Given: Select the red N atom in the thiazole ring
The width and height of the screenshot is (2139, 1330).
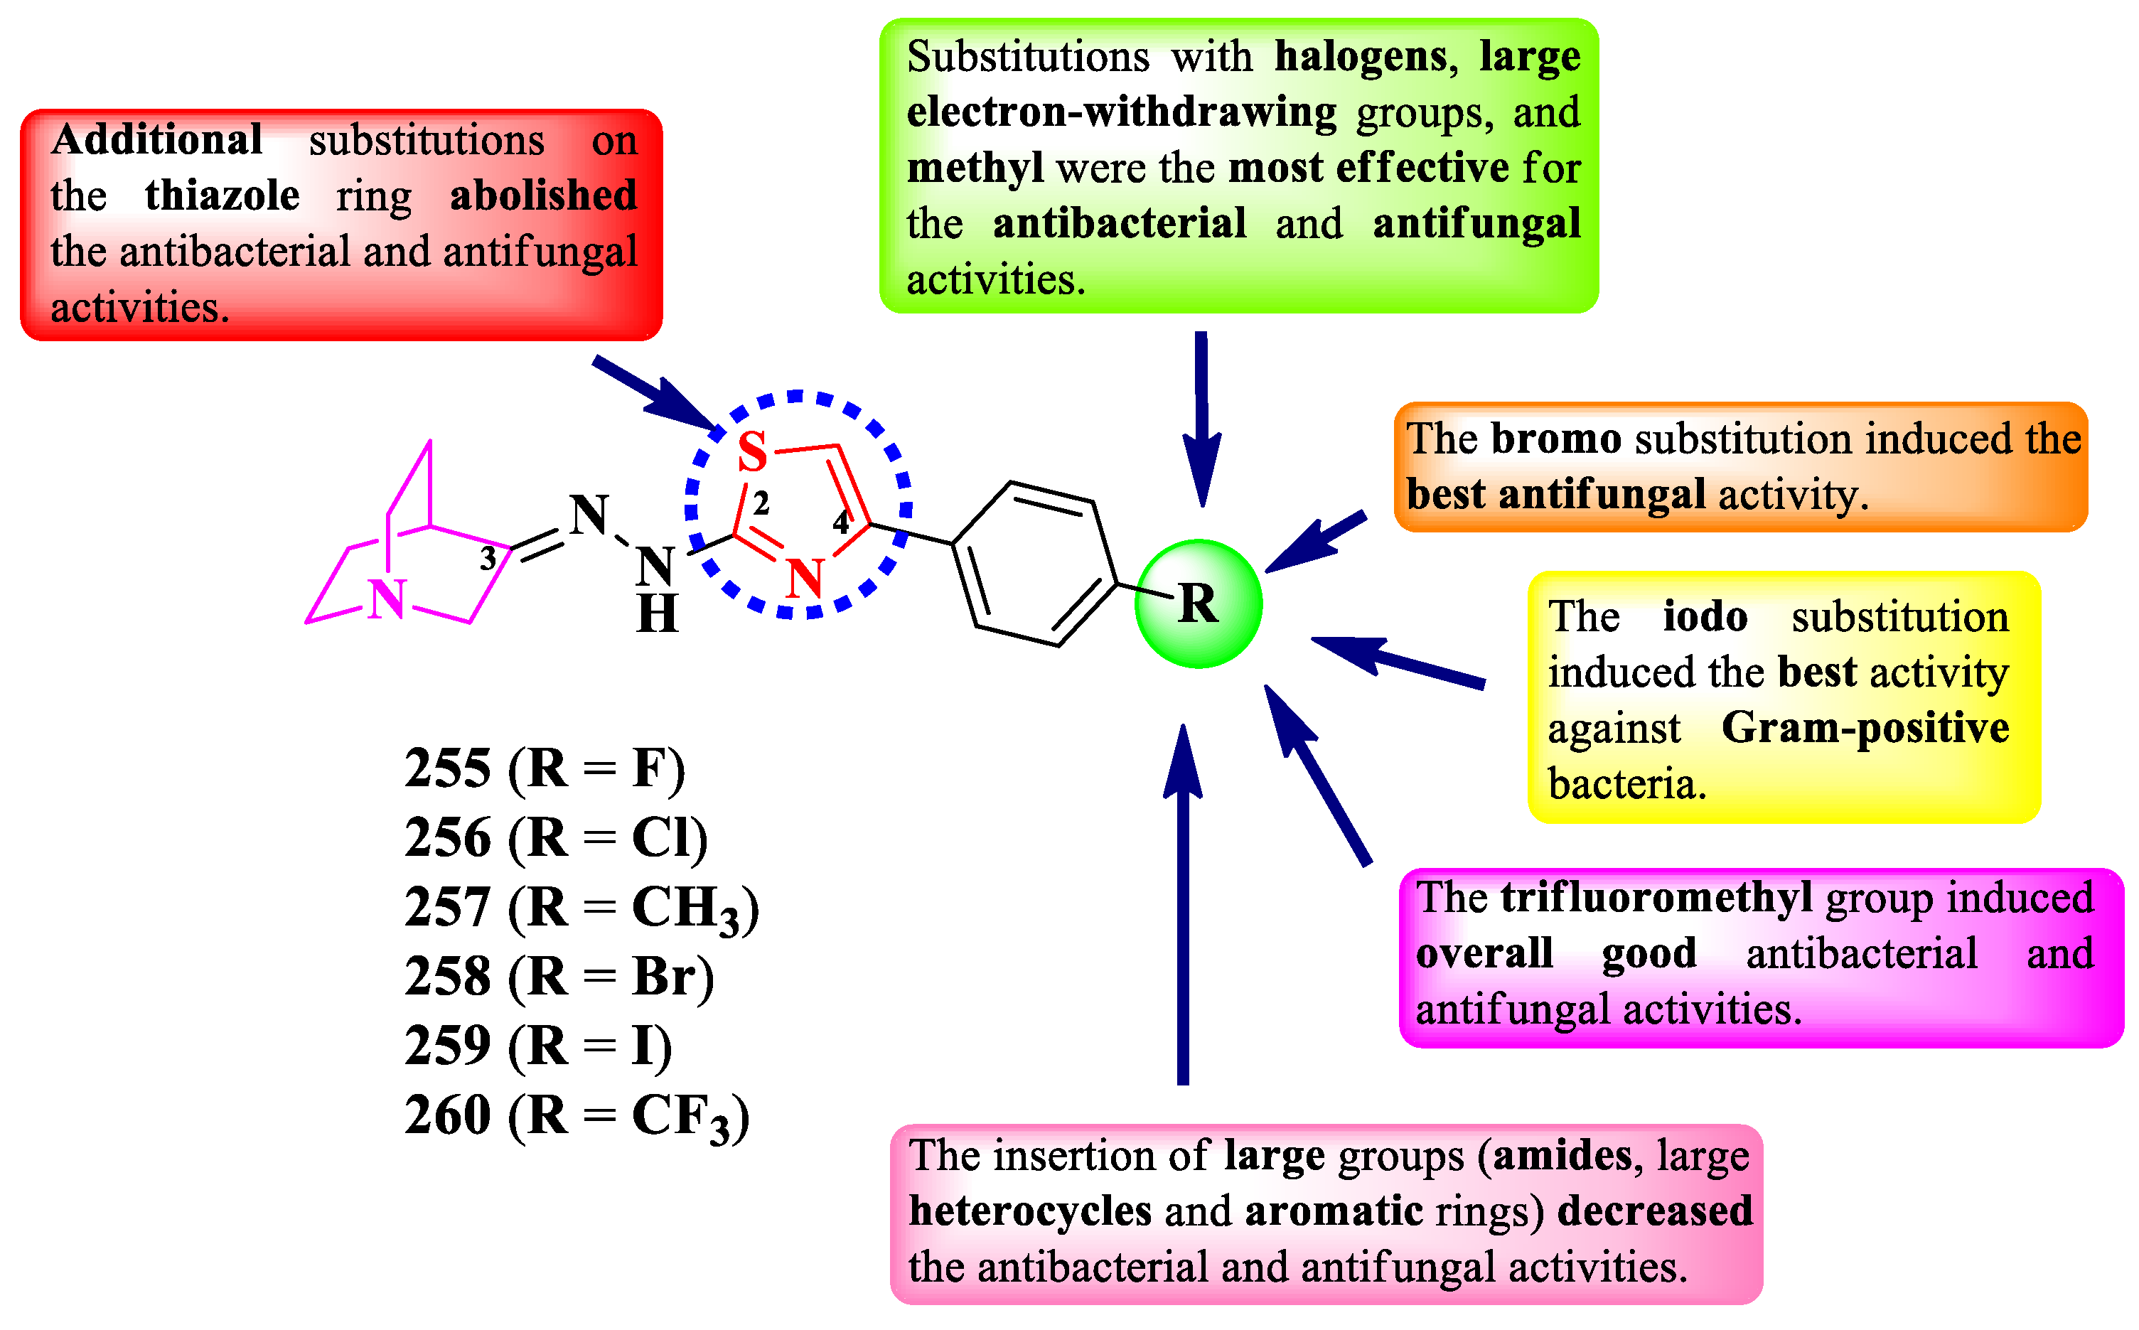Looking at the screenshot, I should coord(805,579).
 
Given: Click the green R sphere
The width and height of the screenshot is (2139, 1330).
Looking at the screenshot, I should coord(1198,604).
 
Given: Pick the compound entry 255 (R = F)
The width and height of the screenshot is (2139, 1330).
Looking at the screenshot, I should coord(545,769).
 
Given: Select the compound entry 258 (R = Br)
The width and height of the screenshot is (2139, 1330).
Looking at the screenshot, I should coord(559,977).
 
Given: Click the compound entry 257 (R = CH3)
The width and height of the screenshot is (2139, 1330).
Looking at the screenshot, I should coord(581,908).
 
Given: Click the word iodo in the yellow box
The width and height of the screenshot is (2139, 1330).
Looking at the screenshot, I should coord(1705,616).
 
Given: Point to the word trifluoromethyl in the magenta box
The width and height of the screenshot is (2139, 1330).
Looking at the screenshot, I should coord(1656,898).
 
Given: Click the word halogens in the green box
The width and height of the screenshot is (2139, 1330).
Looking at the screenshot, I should coord(1360,57).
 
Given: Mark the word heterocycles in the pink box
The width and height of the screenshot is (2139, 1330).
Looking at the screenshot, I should coord(1030,1211).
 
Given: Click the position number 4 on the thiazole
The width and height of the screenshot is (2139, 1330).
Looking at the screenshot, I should coord(841,522).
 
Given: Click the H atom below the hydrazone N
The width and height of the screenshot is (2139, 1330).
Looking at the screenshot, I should coord(658,614).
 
